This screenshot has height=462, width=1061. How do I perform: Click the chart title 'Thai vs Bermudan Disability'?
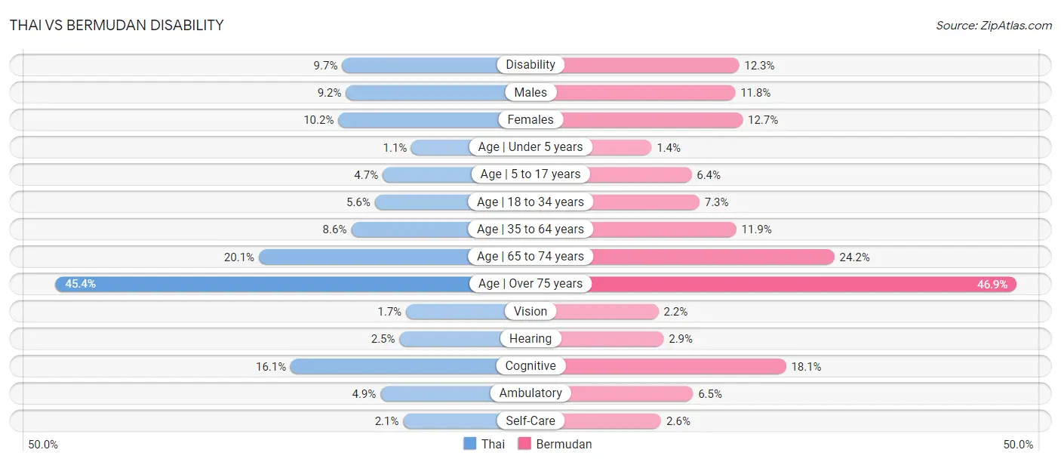116,25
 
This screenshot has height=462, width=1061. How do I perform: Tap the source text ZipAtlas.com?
1016,26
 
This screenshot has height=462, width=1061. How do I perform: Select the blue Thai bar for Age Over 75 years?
263,284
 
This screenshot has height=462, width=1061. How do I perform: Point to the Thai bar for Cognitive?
394,366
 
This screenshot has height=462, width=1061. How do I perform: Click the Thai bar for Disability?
420,66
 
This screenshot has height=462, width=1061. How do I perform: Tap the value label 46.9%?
992,285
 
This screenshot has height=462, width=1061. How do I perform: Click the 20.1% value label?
238,257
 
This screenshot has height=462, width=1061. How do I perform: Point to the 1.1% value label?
395,148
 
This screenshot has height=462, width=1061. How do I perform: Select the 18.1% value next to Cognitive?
806,367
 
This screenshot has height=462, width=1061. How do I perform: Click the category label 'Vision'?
530,311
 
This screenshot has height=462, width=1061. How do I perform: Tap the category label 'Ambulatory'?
530,393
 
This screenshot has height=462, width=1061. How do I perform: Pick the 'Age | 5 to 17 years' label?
530,174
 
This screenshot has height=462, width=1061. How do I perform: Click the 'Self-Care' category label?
530,420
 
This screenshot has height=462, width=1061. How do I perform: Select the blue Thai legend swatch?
469,444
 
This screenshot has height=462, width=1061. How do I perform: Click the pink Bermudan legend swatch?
524,444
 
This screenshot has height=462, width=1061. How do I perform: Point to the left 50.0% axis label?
43,445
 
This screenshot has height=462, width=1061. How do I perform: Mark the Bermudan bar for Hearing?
611,339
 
